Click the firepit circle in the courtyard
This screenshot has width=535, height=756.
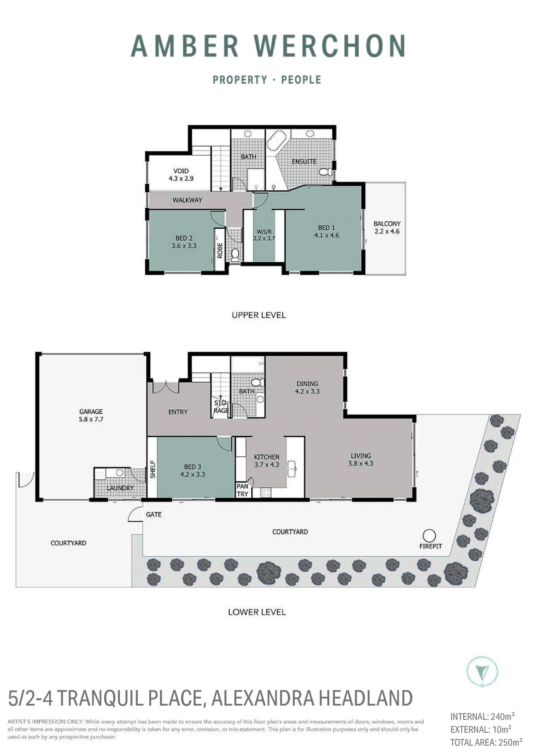(x=429, y=536)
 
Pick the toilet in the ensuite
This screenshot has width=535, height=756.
(x=325, y=172)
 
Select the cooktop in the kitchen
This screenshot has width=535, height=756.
(x=266, y=493)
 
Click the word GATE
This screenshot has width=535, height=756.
(x=154, y=514)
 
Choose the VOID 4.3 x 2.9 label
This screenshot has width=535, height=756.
(x=181, y=175)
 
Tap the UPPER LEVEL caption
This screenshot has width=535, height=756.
(x=259, y=315)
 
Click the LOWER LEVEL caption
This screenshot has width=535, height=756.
(x=257, y=612)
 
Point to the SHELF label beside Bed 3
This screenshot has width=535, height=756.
(x=152, y=469)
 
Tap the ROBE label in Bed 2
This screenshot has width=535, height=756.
(x=220, y=250)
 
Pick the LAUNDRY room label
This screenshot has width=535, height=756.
(x=120, y=488)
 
